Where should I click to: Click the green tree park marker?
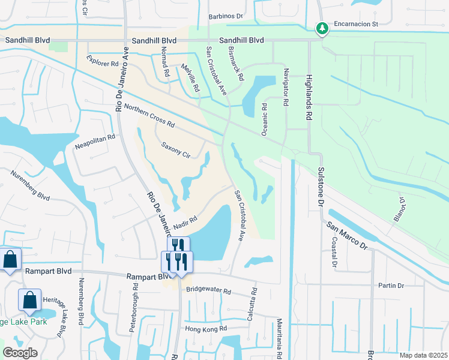pyautogui.click(x=322, y=28)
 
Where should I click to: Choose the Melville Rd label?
pyautogui.click(x=194, y=79)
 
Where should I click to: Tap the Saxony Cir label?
pyautogui.click(x=176, y=149)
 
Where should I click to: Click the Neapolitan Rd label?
pyautogui.click(x=94, y=142)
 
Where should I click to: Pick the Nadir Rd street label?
pyautogui.click(x=185, y=224)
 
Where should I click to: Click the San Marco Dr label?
pyautogui.click(x=346, y=235)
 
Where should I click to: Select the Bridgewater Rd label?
pyautogui.click(x=208, y=290)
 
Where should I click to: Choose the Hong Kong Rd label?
pyautogui.click(x=206, y=328)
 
